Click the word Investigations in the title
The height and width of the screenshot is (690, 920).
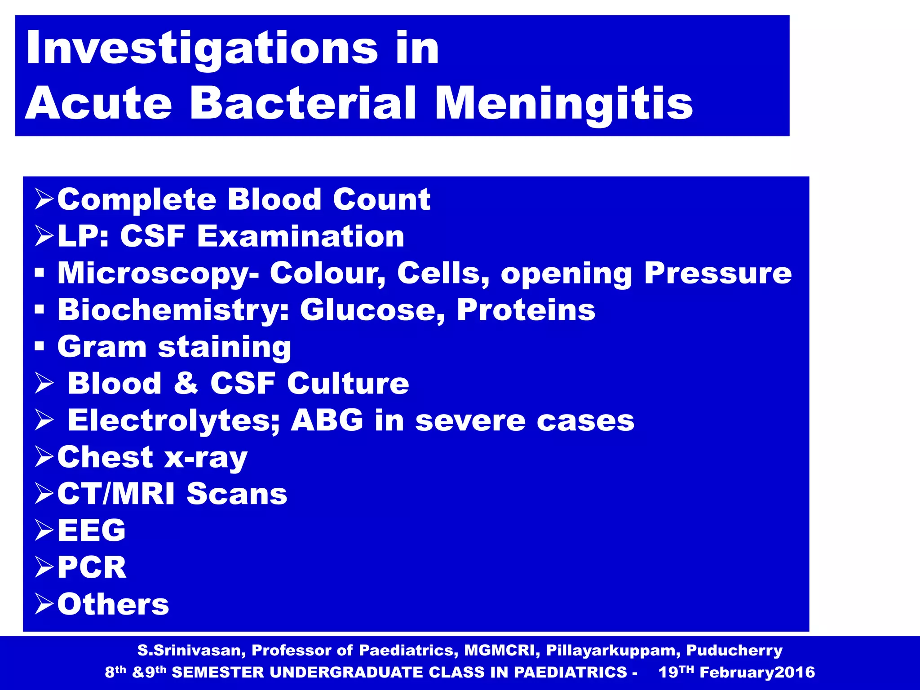click(x=202, y=49)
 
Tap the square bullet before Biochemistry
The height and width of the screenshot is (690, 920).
click(x=40, y=310)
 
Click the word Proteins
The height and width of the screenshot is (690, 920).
click(x=526, y=310)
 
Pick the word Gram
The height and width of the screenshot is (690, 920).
click(x=102, y=347)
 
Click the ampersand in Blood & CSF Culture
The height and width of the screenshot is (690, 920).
click(x=186, y=383)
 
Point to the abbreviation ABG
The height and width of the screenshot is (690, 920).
click(x=327, y=420)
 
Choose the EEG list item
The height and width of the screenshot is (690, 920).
click(x=91, y=531)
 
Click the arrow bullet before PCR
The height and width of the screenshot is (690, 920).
click(x=44, y=567)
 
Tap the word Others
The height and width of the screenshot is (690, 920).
click(x=113, y=604)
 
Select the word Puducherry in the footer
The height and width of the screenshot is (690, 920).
click(x=734, y=650)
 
